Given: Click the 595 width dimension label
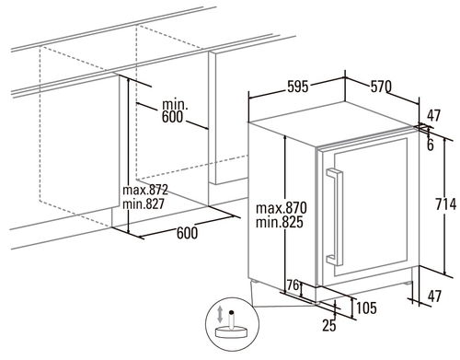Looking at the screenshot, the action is tap(297, 87).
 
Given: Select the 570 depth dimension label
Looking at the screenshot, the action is tap(381, 87).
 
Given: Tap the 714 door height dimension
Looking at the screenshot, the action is tap(446, 204).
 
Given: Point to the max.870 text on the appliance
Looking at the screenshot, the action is tap(282, 208).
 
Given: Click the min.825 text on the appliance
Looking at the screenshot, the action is tap(280, 222).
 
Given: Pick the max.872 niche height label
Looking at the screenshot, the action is tap(145, 190).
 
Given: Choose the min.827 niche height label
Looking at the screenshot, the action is tap(144, 203).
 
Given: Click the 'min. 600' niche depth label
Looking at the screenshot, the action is tap(174, 110).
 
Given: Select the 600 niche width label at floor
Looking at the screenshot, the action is tap(187, 233).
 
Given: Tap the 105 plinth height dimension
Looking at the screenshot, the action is tap(366, 308).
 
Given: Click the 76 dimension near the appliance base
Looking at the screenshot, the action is tap(293, 285).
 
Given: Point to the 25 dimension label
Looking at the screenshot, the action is tap(328, 325).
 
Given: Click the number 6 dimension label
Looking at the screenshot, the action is tap(431, 145).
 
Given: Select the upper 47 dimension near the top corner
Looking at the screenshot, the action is tap(434, 115).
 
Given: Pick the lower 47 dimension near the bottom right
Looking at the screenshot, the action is tap(434, 296).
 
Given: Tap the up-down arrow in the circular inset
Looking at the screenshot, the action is tap(220, 314).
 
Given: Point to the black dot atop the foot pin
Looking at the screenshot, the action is tap(232, 312).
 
